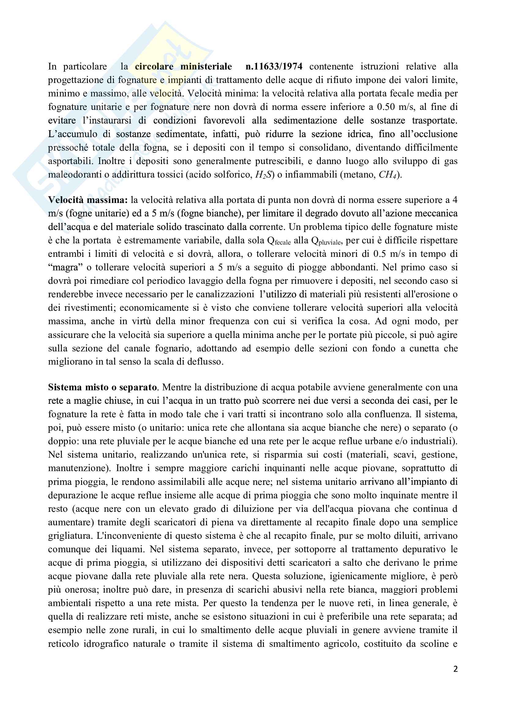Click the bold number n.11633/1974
pos(274,66)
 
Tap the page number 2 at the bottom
pos(455,669)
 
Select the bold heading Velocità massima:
pos(88,200)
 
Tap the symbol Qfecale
pos(279,241)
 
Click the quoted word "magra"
pos(66,268)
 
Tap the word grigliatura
pos(70,536)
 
